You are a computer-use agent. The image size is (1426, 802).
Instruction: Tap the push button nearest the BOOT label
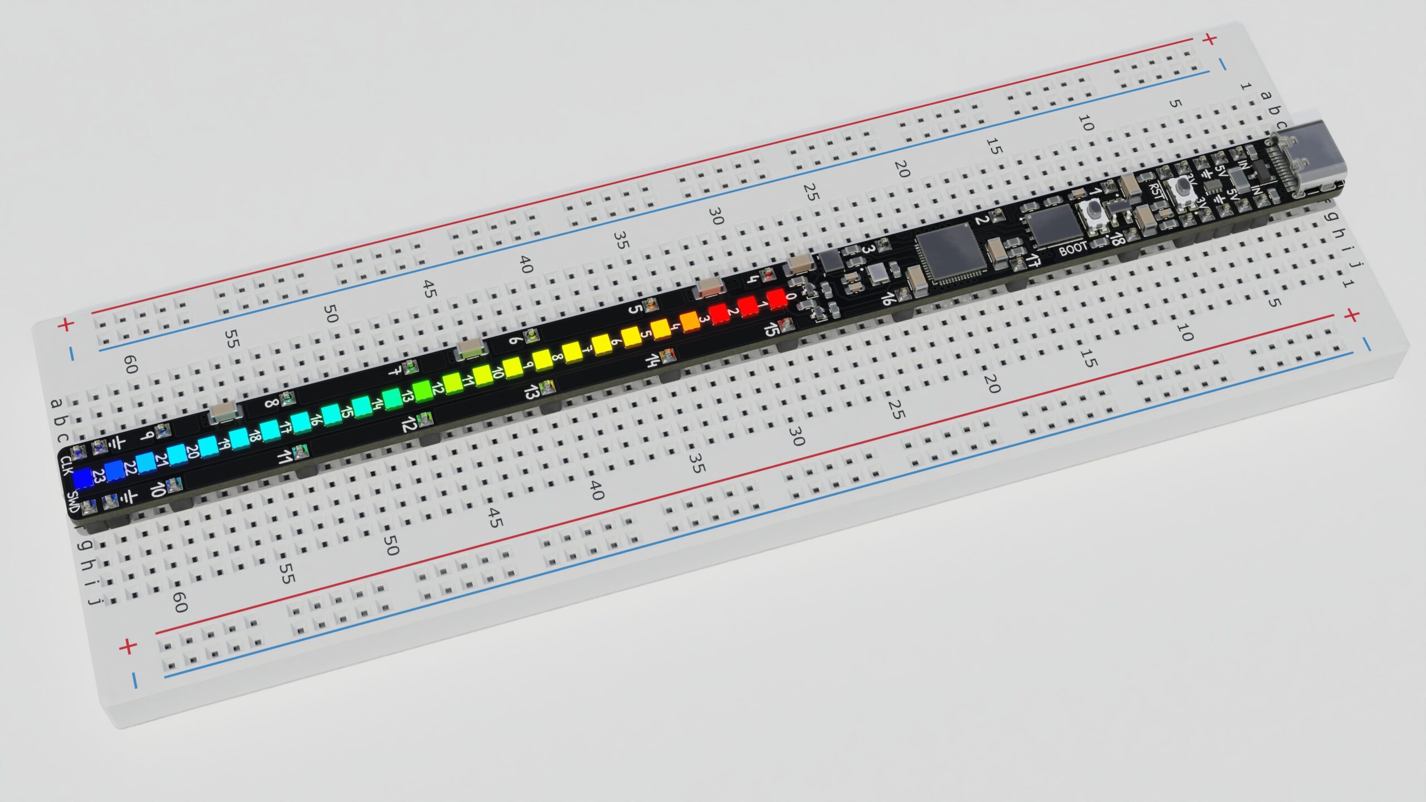(1092, 212)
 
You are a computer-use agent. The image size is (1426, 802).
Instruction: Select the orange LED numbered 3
(689, 320)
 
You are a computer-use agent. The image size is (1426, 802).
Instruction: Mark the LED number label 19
(224, 444)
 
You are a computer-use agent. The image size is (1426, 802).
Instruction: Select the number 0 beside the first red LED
(791, 296)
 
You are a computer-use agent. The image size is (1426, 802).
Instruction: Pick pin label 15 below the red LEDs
(771, 330)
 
